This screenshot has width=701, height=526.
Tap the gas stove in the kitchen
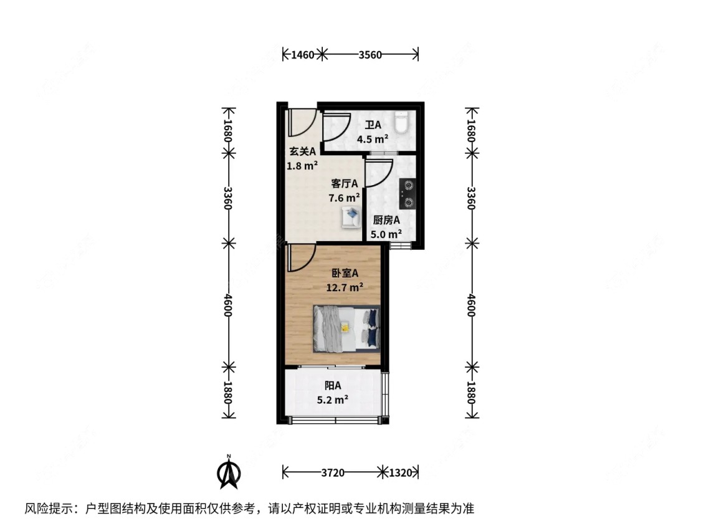pos(408,193)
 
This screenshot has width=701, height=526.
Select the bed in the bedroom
pos(346,328)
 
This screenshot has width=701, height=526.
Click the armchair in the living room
pos(350,218)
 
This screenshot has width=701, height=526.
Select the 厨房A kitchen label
pos(386,220)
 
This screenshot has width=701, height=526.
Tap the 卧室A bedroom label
pos(345,273)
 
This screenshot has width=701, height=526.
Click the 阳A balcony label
pos(333,386)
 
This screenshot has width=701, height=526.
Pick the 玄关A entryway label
pos(303,151)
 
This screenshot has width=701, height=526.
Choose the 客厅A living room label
pos(345,183)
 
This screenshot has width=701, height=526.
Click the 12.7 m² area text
pos(345,287)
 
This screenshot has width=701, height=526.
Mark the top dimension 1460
pos(302,55)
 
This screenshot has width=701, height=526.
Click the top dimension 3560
pos(370,55)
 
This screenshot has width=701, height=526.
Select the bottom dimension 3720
pos(333,473)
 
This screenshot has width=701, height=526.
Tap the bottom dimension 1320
pos(400,473)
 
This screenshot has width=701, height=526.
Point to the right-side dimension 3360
pos(472,198)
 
